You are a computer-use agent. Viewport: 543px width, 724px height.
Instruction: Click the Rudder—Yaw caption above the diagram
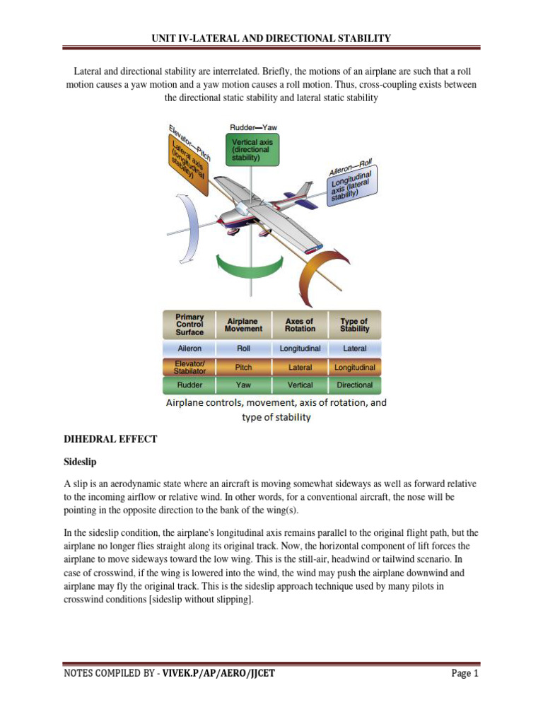pyautogui.click(x=254, y=127)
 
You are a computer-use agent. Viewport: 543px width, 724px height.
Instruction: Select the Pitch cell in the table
pyautogui.click(x=243, y=368)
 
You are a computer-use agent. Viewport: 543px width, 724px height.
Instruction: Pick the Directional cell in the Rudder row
pyautogui.click(x=354, y=385)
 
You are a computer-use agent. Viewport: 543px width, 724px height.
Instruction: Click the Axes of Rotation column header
pyautogui.click(x=300, y=325)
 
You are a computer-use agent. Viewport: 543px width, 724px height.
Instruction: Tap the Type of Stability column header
pyautogui.click(x=354, y=325)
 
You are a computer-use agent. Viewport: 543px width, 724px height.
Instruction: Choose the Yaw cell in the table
pyautogui.click(x=243, y=385)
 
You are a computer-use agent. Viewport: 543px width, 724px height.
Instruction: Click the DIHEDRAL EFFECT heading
pyautogui.click(x=110, y=439)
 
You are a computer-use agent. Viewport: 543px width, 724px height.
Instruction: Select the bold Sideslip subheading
pyautogui.click(x=80, y=462)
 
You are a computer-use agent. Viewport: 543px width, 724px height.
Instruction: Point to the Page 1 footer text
pyautogui.click(x=465, y=673)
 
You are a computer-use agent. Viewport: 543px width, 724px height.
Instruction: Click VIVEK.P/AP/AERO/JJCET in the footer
pyautogui.click(x=218, y=673)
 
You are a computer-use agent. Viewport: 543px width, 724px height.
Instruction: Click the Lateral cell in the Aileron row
pyautogui.click(x=354, y=349)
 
